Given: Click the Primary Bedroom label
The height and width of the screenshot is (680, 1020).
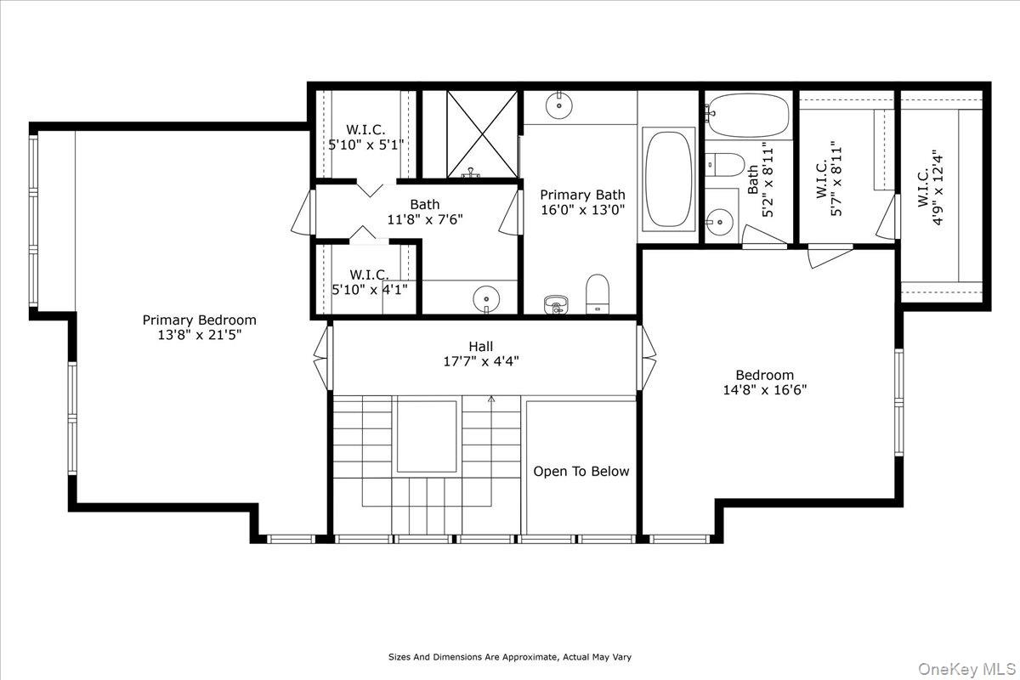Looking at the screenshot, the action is point(200,320).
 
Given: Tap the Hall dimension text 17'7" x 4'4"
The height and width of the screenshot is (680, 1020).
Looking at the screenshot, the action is point(481,361).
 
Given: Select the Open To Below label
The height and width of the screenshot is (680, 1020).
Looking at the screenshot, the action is point(581,472).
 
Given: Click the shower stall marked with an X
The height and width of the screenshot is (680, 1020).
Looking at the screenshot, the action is point(482,134).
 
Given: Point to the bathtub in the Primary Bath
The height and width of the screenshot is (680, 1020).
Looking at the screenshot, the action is point(668,179).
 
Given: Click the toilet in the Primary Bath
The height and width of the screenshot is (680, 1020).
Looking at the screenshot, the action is point(598,294).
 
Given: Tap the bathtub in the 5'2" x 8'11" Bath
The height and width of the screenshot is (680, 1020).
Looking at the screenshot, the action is point(749,116).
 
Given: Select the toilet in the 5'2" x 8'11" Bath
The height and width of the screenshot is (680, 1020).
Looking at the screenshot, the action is point(724,165).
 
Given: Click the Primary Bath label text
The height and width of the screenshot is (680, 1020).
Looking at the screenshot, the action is point(582,195).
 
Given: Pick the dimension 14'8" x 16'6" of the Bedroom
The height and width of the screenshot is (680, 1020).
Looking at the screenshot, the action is point(765,390).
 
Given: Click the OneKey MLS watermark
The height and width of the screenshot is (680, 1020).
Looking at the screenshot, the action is point(966,669).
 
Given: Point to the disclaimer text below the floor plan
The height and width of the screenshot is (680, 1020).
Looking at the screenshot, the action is point(510,657).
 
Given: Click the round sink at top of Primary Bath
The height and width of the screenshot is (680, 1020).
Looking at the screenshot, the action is point(558,105).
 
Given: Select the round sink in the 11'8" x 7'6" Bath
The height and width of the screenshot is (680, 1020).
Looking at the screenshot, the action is point(486,299).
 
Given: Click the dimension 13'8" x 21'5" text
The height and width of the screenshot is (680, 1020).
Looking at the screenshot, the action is point(200,335).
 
